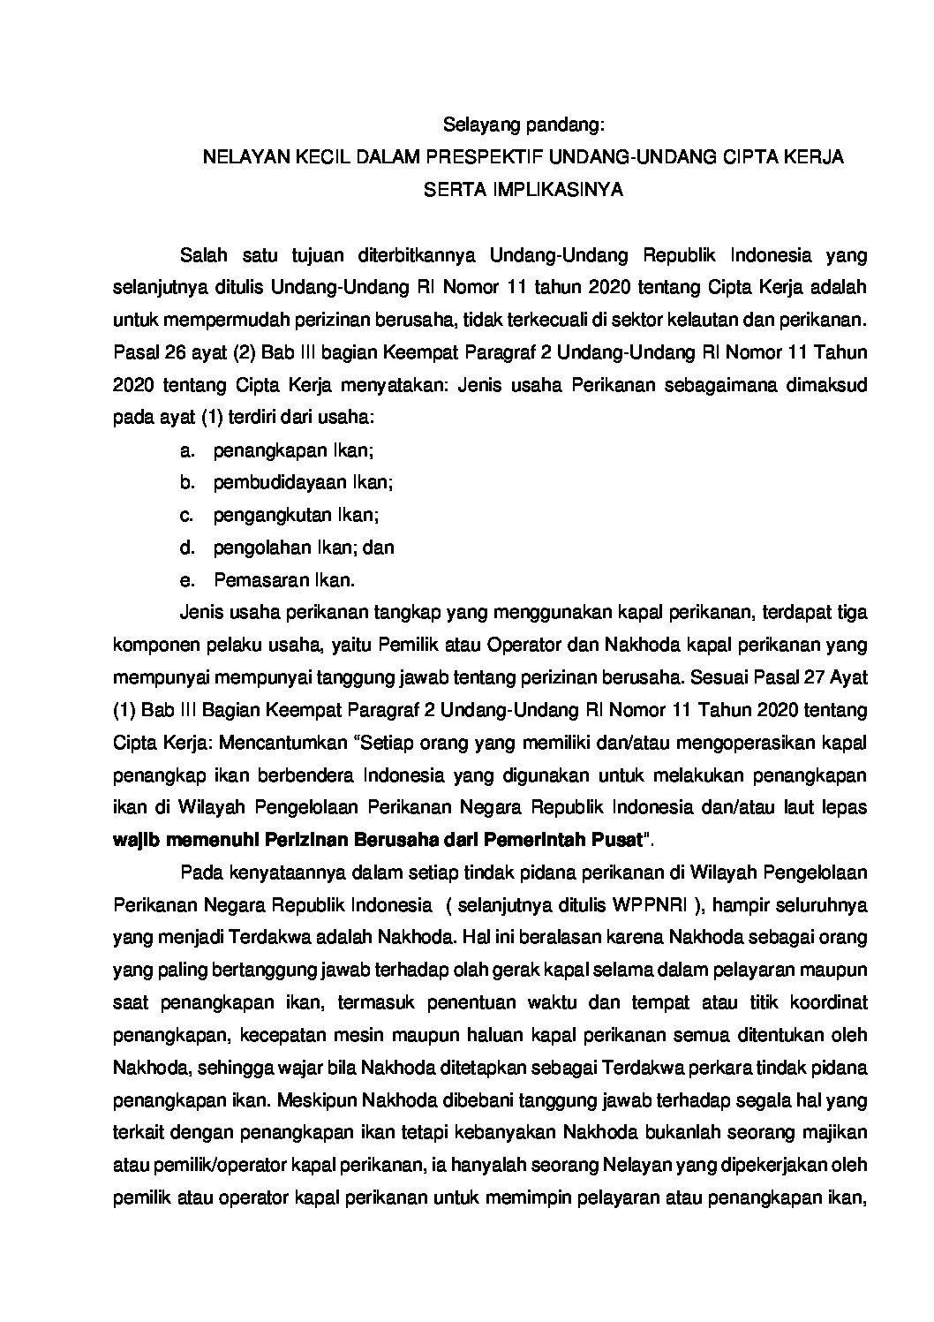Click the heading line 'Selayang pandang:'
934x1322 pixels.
(x=523, y=125)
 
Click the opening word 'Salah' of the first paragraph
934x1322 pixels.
(x=204, y=256)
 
